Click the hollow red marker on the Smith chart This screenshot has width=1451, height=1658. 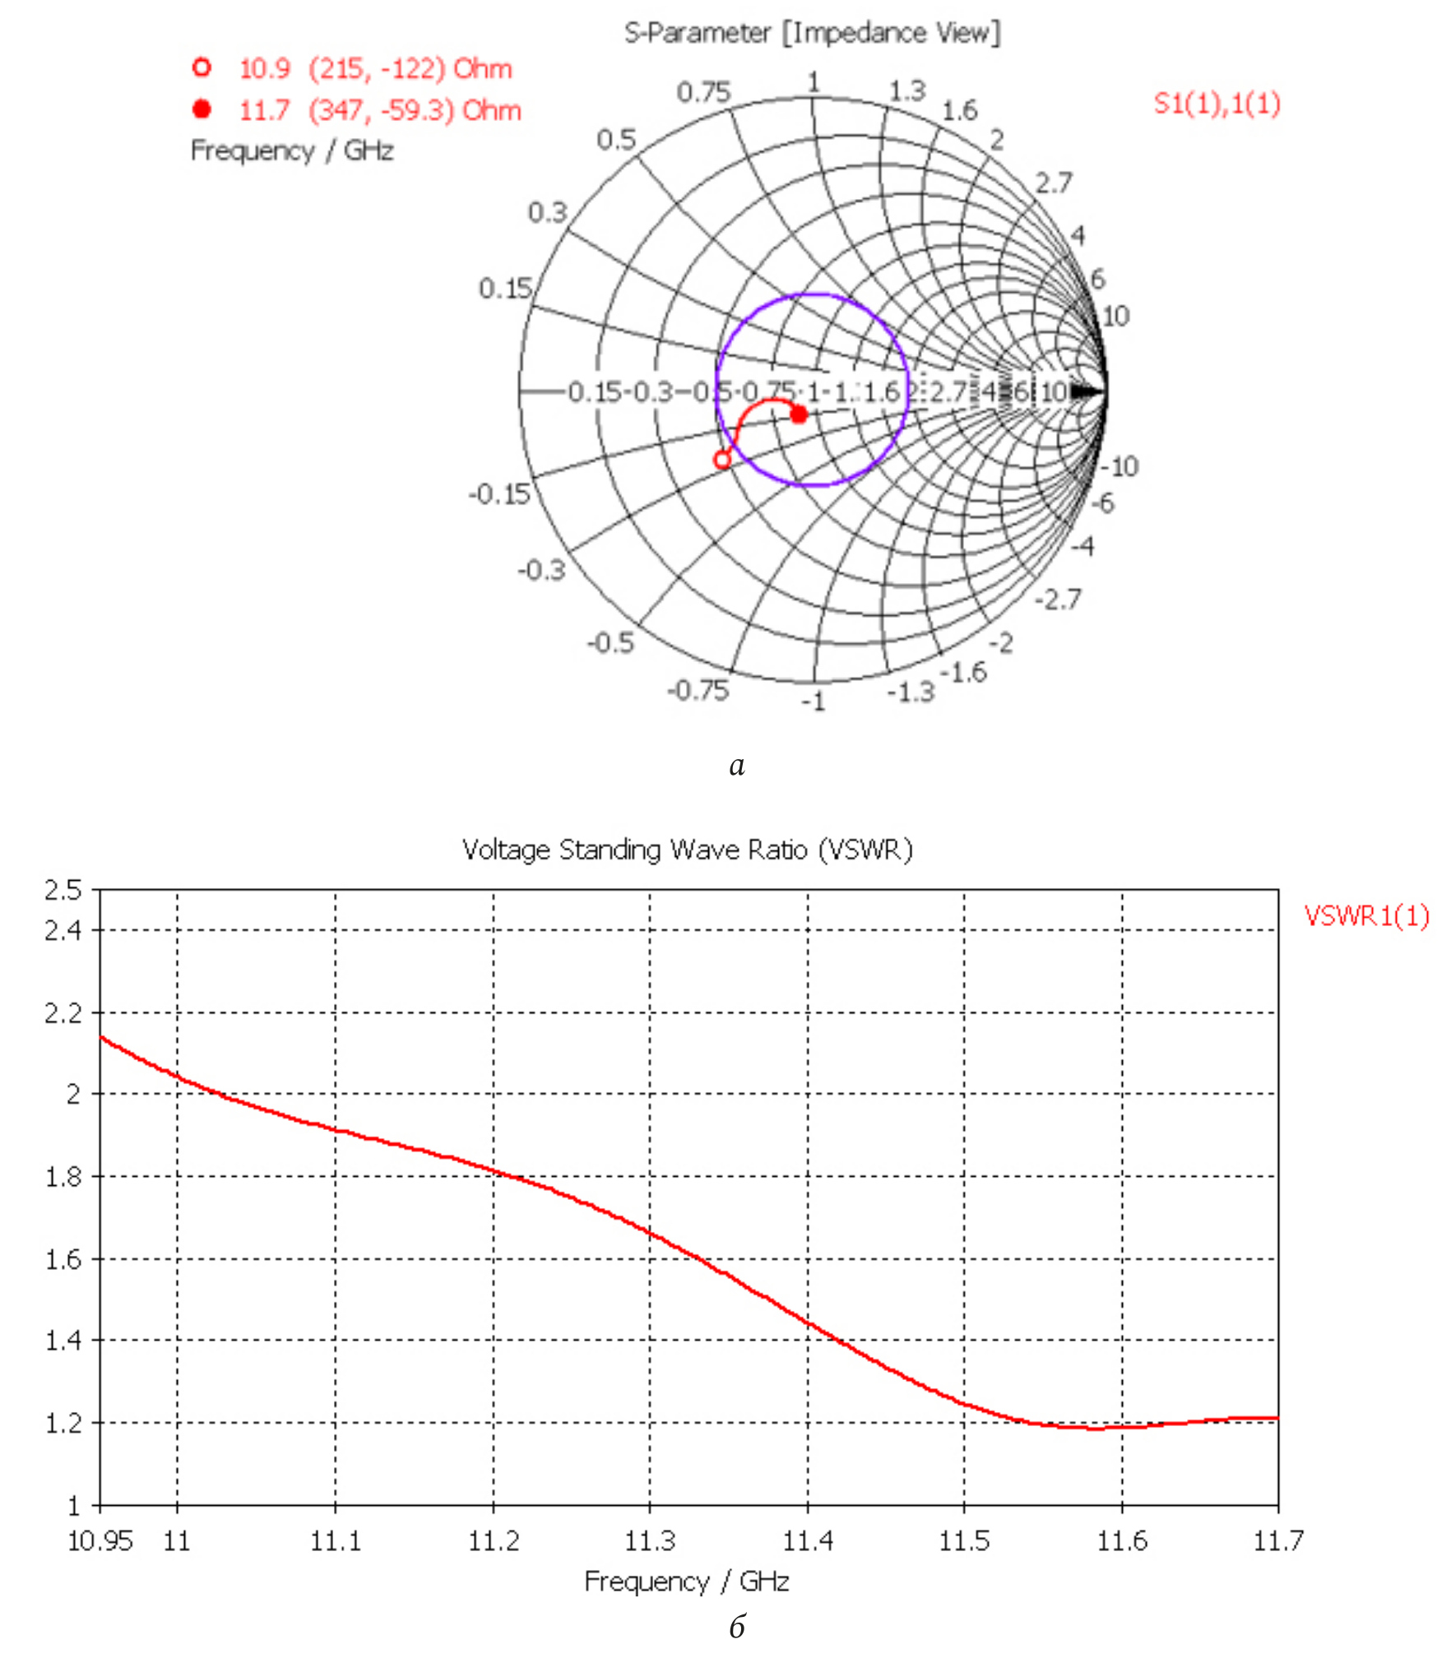click(722, 460)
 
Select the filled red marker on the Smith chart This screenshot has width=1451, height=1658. click(798, 414)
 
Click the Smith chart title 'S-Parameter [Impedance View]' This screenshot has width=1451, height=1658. click(812, 34)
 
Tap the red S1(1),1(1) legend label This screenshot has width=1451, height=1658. click(1217, 104)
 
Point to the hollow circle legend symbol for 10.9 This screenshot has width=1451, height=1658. click(202, 67)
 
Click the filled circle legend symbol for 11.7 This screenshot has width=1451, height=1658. click(202, 109)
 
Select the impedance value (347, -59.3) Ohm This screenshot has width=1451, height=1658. click(415, 110)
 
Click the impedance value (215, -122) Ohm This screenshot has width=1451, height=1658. click(410, 68)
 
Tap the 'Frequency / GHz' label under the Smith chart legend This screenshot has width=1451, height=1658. click(292, 151)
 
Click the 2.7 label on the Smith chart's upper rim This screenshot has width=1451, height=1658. click(1053, 183)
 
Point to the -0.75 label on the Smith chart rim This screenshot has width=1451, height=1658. click(698, 689)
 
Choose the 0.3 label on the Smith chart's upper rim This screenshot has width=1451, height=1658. click(547, 212)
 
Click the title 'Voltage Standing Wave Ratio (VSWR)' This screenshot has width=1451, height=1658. click(687, 850)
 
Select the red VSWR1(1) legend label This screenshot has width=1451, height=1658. click(1366, 916)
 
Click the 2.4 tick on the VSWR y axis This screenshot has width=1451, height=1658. click(63, 931)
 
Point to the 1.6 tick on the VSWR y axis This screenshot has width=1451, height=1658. click(63, 1260)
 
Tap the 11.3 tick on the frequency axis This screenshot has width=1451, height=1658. click(650, 1540)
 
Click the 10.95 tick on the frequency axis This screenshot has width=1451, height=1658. click(100, 1540)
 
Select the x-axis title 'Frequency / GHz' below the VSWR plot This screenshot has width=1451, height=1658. click(687, 1582)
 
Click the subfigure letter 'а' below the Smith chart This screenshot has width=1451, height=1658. click(737, 766)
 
